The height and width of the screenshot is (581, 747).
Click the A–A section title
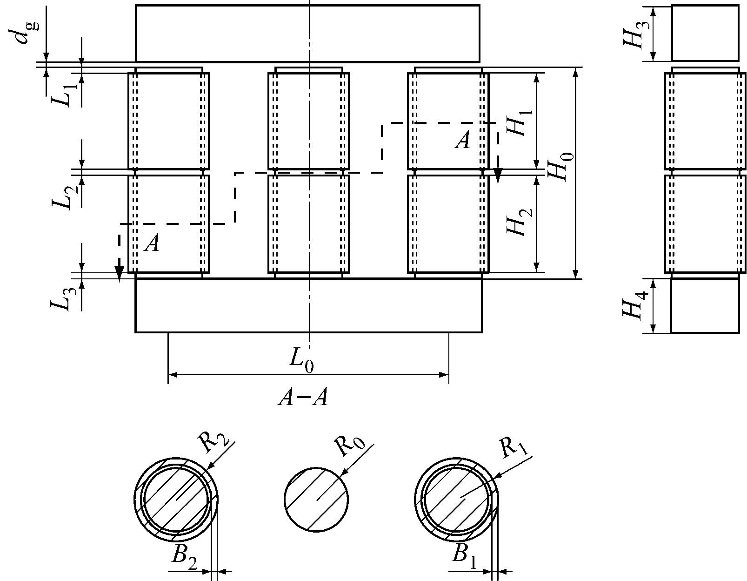[303, 399]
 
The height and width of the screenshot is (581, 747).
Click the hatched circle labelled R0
[316, 500]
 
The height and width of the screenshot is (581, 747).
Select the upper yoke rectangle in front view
[307, 34]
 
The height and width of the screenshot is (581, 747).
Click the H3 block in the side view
[705, 34]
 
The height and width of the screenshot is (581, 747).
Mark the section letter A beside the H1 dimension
[462, 140]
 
